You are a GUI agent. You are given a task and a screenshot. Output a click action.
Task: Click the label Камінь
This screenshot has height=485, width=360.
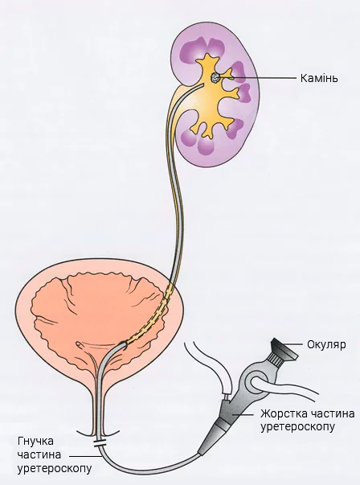(319, 78)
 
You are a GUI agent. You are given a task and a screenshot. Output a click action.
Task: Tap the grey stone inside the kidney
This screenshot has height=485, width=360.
(215, 78)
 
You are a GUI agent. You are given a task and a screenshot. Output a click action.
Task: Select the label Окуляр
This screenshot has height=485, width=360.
(326, 344)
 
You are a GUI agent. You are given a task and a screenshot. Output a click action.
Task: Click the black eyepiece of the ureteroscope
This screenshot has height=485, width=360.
(284, 349)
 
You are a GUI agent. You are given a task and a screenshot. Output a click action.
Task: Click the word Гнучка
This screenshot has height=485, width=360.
(35, 441)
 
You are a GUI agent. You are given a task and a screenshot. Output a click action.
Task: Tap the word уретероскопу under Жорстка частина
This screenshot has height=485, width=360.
(297, 427)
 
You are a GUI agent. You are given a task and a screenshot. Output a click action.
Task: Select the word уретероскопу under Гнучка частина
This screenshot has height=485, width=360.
(55, 469)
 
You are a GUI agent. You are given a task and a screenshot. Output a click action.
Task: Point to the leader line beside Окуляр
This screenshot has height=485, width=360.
(294, 344)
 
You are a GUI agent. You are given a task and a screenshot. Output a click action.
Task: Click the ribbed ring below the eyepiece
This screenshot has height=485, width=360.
(274, 360)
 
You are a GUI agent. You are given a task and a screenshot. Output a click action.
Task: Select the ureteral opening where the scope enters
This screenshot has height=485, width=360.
(124, 344)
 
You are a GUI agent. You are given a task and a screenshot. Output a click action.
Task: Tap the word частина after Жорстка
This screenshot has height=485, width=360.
(332, 413)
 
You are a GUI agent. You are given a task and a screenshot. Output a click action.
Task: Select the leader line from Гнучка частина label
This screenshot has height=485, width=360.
(85, 455)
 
